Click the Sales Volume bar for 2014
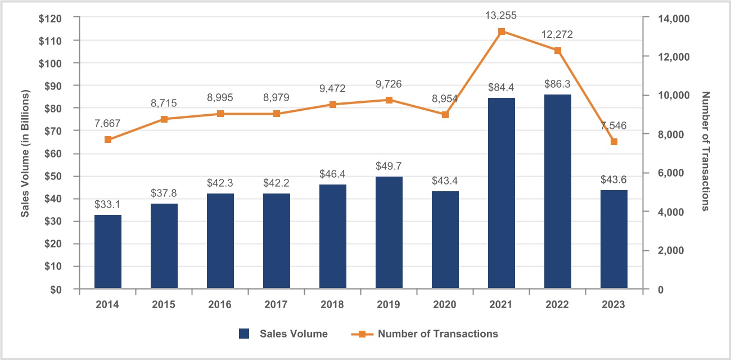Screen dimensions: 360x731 coord(108,251)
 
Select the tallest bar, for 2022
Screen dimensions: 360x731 coord(557,191)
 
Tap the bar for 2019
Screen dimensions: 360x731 coord(389,232)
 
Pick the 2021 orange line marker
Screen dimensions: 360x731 coord(502,31)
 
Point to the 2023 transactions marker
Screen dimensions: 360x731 coord(614,142)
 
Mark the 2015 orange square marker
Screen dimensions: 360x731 coord(164,119)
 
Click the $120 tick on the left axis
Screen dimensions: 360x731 coord(51,18)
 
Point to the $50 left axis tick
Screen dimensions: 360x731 coord(53,176)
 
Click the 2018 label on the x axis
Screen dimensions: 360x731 coord(333,304)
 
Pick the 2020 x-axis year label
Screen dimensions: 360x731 coord(445,304)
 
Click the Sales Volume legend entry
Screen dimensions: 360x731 coord(283,334)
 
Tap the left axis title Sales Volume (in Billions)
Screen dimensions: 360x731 coord(25,153)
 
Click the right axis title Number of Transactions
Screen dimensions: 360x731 coord(706,152)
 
